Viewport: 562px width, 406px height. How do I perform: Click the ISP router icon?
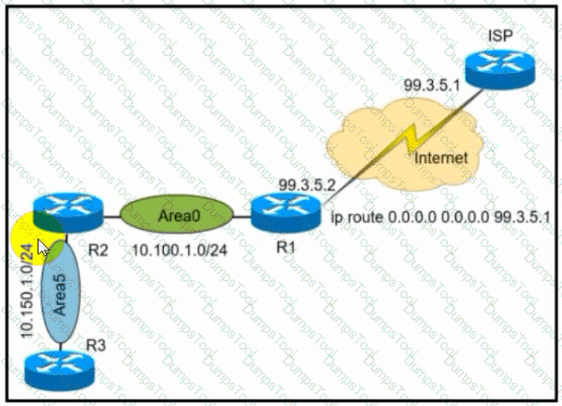500,69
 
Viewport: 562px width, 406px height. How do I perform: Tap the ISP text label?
501,35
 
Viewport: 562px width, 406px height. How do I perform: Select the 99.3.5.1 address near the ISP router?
431,86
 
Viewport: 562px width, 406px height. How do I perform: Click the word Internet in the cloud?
441,158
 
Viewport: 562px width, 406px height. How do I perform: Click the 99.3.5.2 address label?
307,185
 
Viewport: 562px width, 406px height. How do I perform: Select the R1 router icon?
286,212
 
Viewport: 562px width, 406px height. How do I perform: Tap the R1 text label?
286,247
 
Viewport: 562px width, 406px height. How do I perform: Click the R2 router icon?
68,212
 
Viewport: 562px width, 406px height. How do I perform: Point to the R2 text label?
98,250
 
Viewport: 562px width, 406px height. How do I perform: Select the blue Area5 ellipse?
60,291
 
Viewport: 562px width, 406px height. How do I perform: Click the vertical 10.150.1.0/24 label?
28,291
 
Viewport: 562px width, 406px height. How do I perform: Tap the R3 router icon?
59,371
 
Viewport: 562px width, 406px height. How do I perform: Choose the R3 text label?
96,345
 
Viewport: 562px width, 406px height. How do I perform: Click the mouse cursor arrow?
43,248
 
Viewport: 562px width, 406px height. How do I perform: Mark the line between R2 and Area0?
111,216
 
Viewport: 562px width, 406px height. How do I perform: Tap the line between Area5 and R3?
60,347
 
